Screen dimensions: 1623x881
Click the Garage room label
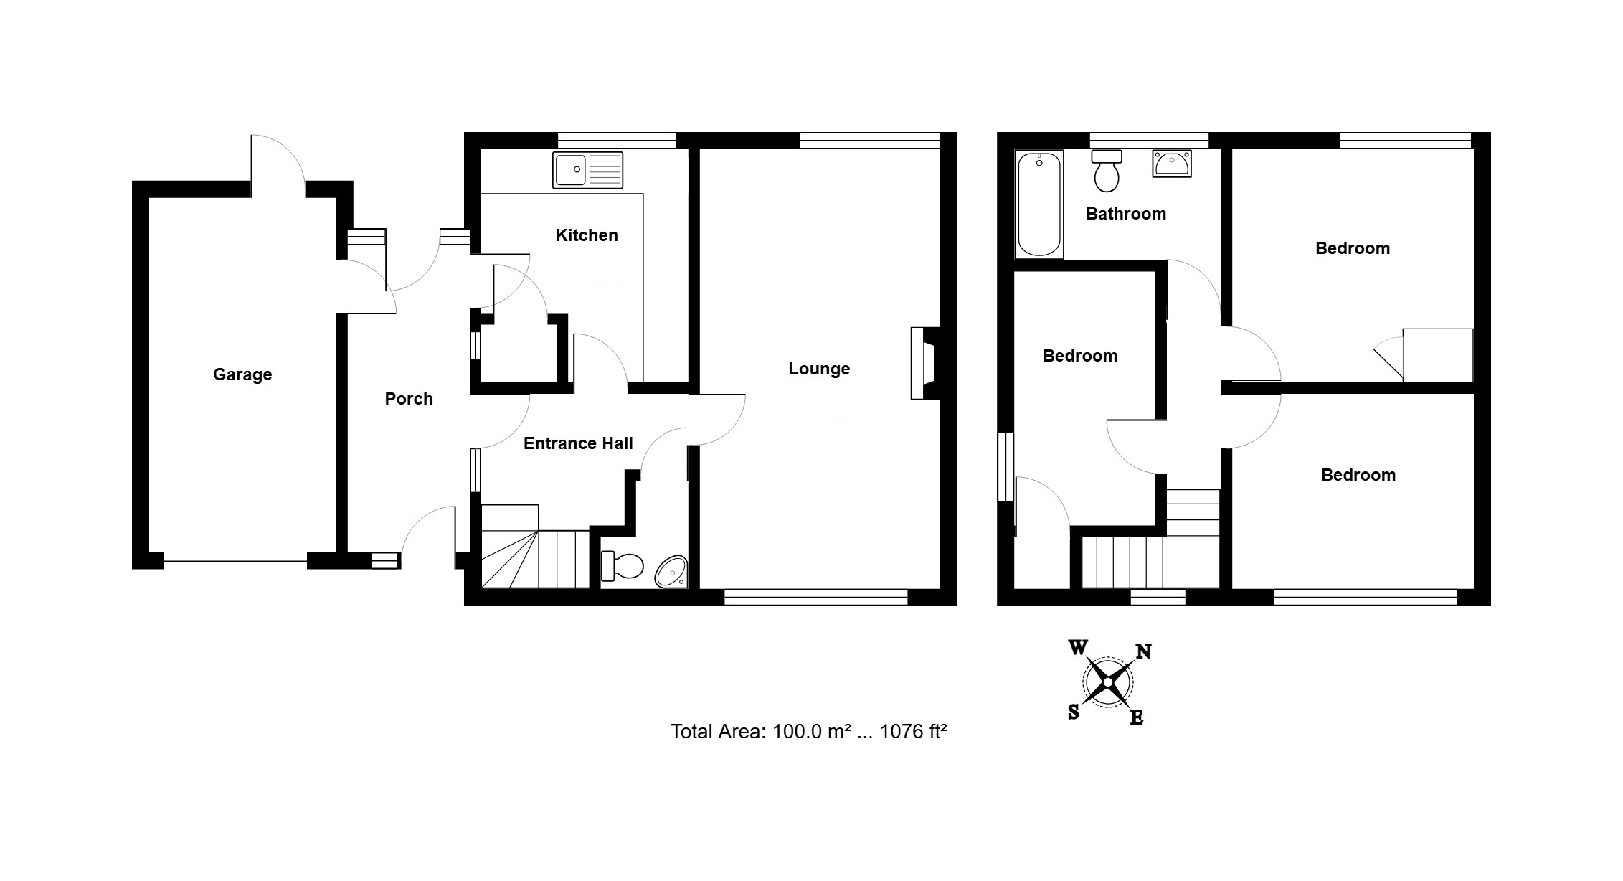tap(242, 374)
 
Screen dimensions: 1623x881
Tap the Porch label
tap(409, 399)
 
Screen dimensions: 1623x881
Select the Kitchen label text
tap(587, 235)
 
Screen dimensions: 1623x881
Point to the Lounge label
tap(819, 369)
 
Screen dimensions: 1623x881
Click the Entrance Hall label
tap(578, 443)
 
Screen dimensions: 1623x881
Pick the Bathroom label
tap(1126, 214)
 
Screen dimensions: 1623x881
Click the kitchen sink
tap(587, 170)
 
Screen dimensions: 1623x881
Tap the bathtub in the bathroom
tap(1039, 204)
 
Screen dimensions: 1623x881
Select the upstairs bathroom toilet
tap(1107, 171)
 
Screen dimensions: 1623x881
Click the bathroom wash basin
tap(1172, 164)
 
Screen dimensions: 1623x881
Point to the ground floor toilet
tap(622, 565)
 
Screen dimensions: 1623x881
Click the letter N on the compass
tap(1143, 651)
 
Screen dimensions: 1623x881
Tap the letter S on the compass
tap(1074, 712)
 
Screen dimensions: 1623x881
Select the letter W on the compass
tap(1078, 648)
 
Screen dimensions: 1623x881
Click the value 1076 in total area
tap(902, 732)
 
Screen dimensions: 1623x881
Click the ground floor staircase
tap(534, 547)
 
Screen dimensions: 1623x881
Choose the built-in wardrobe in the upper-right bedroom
tap(1437, 355)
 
